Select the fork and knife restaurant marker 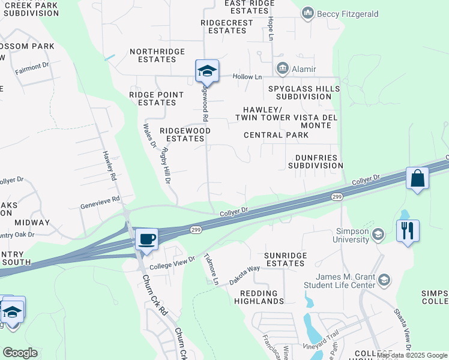pyautogui.click(x=408, y=230)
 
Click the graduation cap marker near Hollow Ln pyautogui.click(x=207, y=71)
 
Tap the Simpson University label pyautogui.click(x=352, y=235)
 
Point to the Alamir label pyautogui.click(x=304, y=69)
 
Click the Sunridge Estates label pyautogui.click(x=286, y=259)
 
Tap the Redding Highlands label pyautogui.click(x=262, y=297)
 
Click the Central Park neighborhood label pyautogui.click(x=276, y=135)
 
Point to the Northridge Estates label pyautogui.click(x=157, y=55)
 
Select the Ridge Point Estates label pyautogui.click(x=152, y=98)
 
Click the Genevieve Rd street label pyautogui.click(x=100, y=202)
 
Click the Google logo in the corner pyautogui.click(x=20, y=353)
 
